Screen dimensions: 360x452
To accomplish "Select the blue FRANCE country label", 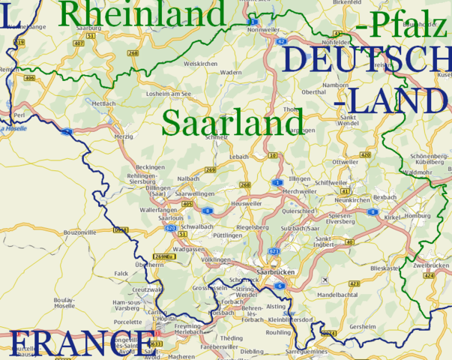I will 80,344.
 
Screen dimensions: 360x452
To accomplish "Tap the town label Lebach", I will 239,155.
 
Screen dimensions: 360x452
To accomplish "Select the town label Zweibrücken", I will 430,265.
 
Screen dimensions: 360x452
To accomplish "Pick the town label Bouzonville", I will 81,233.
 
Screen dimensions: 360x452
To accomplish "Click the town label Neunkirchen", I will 352,200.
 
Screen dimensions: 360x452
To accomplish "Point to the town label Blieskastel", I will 385,268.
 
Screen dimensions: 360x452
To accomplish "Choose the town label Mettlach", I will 103,103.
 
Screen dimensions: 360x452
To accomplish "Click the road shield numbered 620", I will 170,227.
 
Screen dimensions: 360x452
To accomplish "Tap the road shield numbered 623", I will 274,251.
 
